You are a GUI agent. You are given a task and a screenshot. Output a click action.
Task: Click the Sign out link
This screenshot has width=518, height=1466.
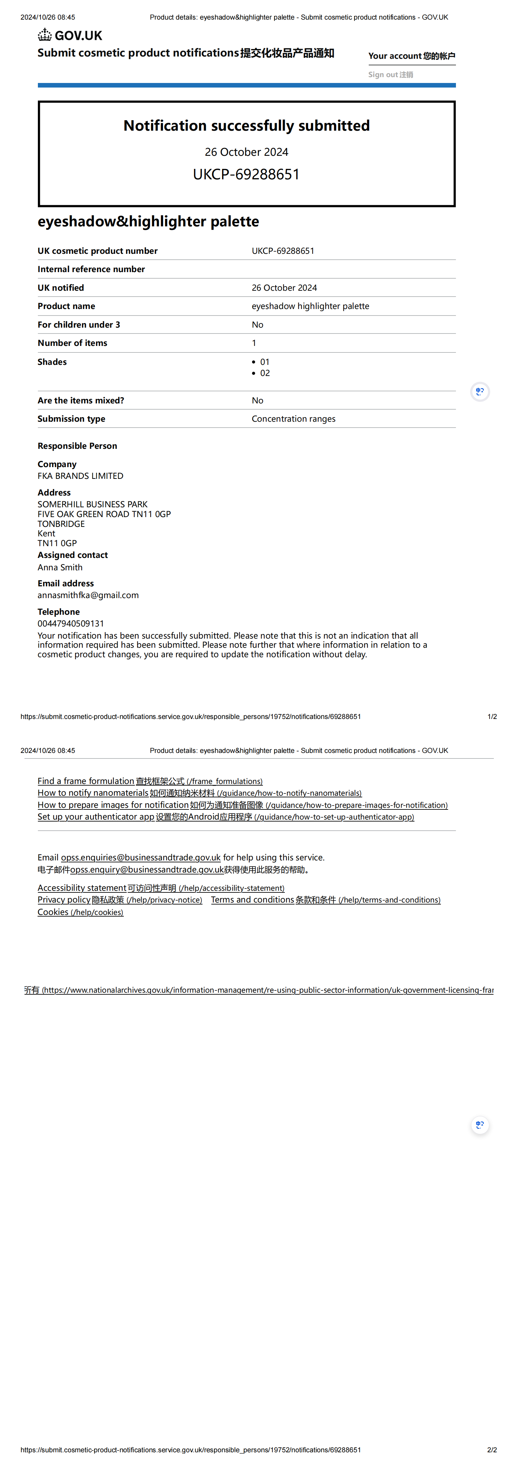point(391,74)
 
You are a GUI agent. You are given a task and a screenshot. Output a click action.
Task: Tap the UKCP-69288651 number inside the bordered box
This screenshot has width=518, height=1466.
point(247,174)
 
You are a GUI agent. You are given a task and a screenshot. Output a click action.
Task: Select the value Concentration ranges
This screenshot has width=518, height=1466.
point(293,419)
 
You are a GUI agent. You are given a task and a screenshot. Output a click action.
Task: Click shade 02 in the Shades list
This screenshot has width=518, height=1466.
point(265,373)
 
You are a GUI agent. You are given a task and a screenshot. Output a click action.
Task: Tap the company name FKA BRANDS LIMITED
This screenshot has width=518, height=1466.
point(80,476)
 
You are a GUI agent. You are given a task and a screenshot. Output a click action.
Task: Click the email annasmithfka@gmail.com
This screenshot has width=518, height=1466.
point(88,595)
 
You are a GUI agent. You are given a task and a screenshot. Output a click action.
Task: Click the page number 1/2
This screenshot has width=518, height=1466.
point(492,716)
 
